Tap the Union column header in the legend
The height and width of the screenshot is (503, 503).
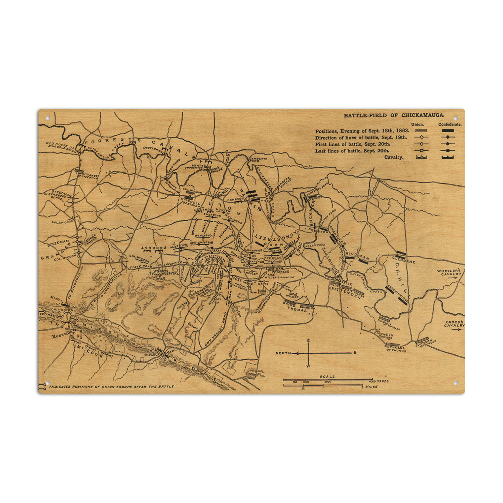point(417,124)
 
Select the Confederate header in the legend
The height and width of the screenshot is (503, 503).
point(450,124)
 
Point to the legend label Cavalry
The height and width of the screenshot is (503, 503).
point(394,157)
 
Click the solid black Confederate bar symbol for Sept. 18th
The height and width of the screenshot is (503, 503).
point(448,131)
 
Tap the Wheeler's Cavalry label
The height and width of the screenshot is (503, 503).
point(449,272)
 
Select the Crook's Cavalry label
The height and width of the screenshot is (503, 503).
point(454,324)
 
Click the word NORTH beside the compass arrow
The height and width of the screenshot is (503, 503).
point(283,353)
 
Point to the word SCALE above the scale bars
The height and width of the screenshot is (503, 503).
point(327,376)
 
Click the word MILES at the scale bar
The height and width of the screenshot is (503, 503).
point(371,387)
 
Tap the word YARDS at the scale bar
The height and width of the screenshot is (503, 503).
point(383,381)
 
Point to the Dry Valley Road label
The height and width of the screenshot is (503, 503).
point(215,329)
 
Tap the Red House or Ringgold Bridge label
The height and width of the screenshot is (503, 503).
point(61,147)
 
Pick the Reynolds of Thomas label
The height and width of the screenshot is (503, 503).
point(395,349)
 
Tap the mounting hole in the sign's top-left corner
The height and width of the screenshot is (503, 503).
point(48,118)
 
